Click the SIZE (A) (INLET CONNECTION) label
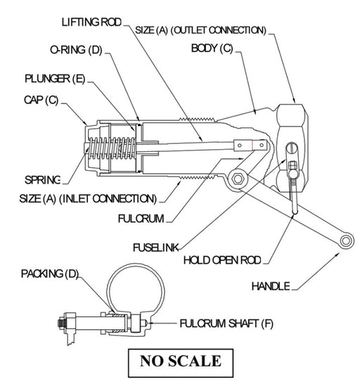89,199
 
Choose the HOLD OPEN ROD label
222,260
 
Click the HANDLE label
271,287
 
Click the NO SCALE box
180,361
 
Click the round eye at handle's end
347,241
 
